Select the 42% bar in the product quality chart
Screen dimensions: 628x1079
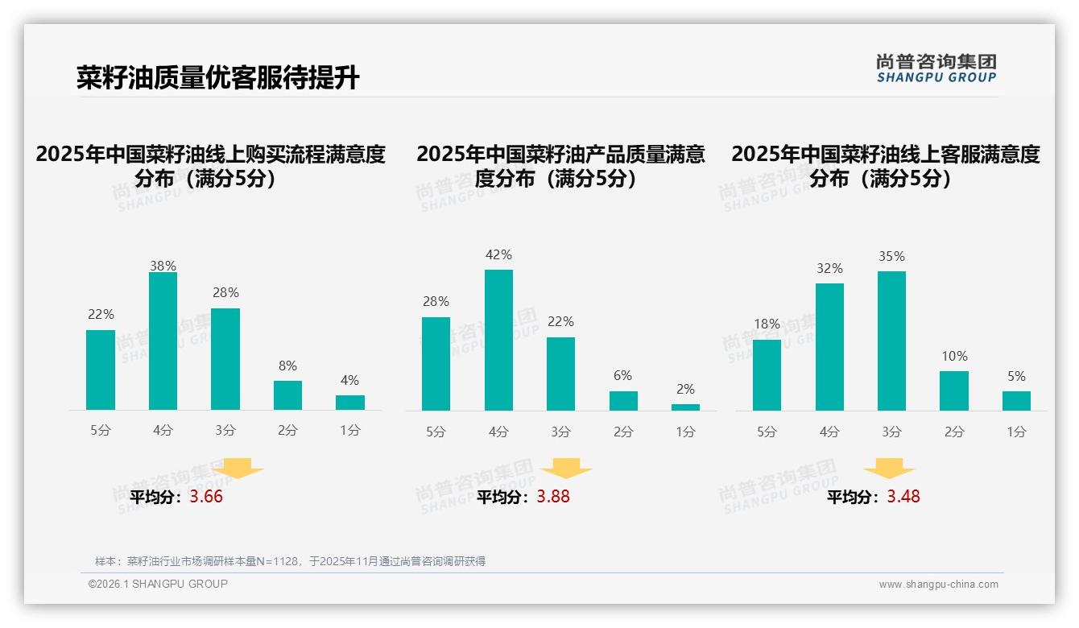[x=498, y=340]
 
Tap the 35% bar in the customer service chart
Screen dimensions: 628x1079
[x=891, y=341]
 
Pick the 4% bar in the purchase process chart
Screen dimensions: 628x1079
[x=349, y=403]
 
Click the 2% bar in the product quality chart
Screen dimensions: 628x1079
[x=685, y=407]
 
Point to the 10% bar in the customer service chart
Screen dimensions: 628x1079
[x=953, y=390]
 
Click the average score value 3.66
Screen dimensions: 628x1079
[x=206, y=497]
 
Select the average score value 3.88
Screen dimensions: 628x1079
[x=553, y=497]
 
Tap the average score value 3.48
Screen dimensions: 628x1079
[x=903, y=497]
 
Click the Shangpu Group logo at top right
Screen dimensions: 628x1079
[x=936, y=68]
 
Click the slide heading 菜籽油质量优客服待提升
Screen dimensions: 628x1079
[x=217, y=78]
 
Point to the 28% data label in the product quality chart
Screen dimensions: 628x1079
[x=436, y=302]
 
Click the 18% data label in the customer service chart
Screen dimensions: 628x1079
[x=767, y=324]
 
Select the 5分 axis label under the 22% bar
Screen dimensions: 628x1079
[x=101, y=431]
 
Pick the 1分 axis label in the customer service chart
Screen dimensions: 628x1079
[x=1016, y=432]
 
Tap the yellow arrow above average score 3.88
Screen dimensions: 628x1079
[x=566, y=469]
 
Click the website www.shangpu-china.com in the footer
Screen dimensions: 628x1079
[x=938, y=585]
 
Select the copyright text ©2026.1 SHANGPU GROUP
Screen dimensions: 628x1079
[x=158, y=584]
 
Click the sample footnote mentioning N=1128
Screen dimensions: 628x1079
[x=290, y=561]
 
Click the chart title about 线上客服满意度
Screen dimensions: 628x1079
[x=885, y=166]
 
